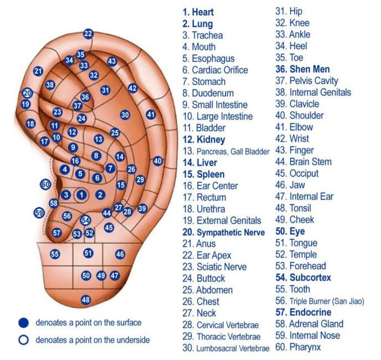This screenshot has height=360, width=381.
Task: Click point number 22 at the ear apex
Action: point(88,34)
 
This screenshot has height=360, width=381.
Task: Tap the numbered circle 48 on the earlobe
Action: point(85,300)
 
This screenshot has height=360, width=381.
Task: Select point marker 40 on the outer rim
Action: point(158,161)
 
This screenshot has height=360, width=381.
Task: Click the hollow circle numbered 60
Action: point(45,184)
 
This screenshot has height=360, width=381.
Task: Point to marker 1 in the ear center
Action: point(82,194)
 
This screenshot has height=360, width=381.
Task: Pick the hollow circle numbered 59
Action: point(39,213)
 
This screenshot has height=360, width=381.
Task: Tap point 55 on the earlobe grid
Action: point(55,254)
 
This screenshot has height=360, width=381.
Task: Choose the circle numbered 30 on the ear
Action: point(125,115)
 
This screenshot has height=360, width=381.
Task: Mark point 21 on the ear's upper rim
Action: point(38,71)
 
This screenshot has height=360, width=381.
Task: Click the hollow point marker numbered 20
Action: point(27,93)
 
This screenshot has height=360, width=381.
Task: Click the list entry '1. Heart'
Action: point(198,12)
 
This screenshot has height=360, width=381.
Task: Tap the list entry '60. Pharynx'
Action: point(298,347)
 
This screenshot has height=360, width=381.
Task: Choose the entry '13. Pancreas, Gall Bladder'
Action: point(225,151)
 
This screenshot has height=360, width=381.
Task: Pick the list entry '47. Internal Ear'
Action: point(303,197)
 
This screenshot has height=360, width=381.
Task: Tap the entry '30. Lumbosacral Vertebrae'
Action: point(225,348)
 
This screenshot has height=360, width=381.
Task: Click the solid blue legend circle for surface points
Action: point(23,322)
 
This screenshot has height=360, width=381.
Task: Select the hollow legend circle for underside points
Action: point(23,340)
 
